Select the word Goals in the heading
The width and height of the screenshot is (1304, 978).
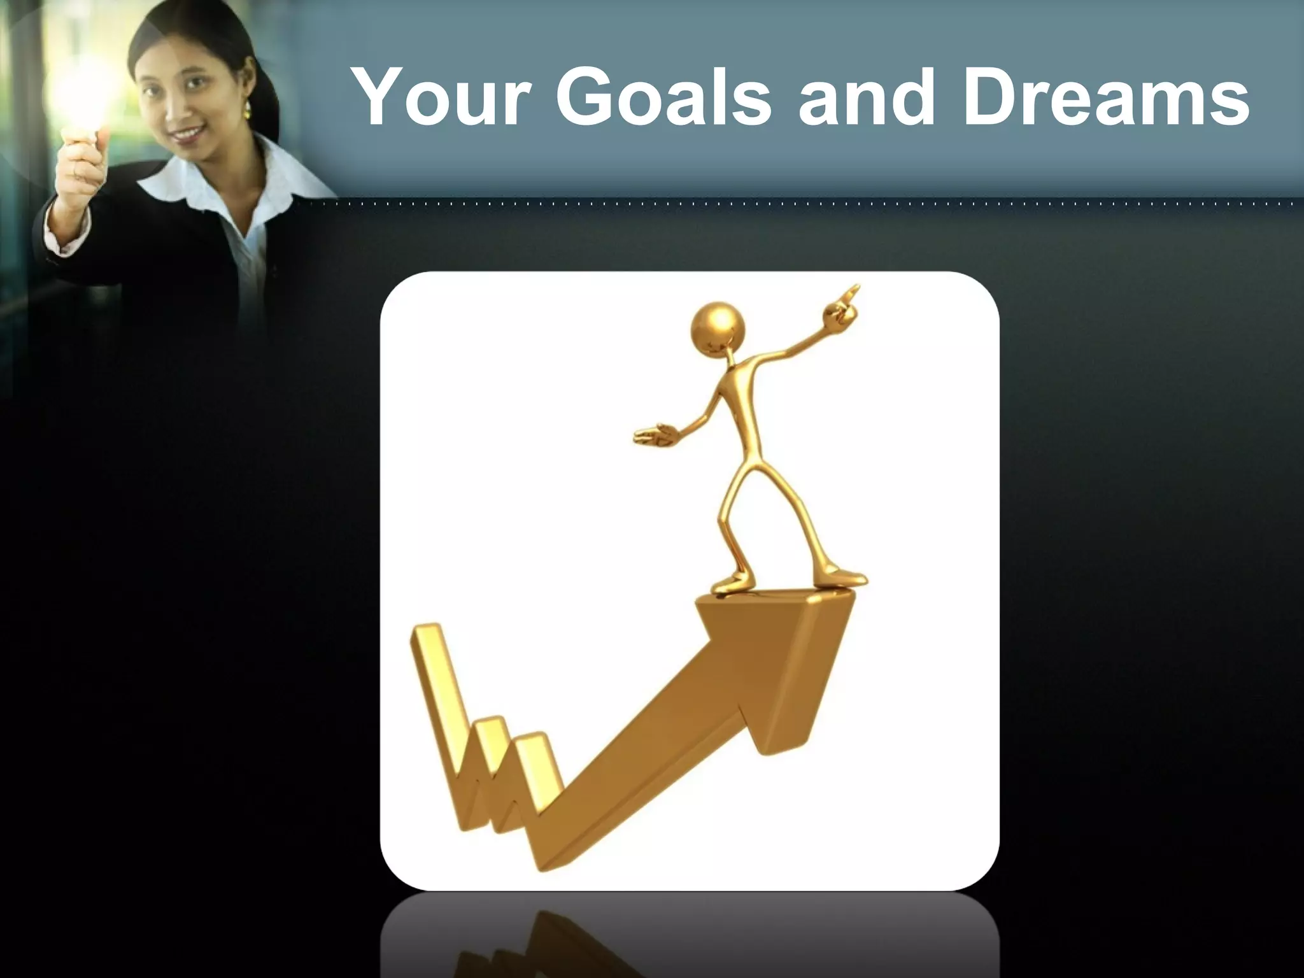(662, 97)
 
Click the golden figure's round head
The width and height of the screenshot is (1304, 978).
(717, 328)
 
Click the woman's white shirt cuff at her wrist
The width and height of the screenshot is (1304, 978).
(64, 239)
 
